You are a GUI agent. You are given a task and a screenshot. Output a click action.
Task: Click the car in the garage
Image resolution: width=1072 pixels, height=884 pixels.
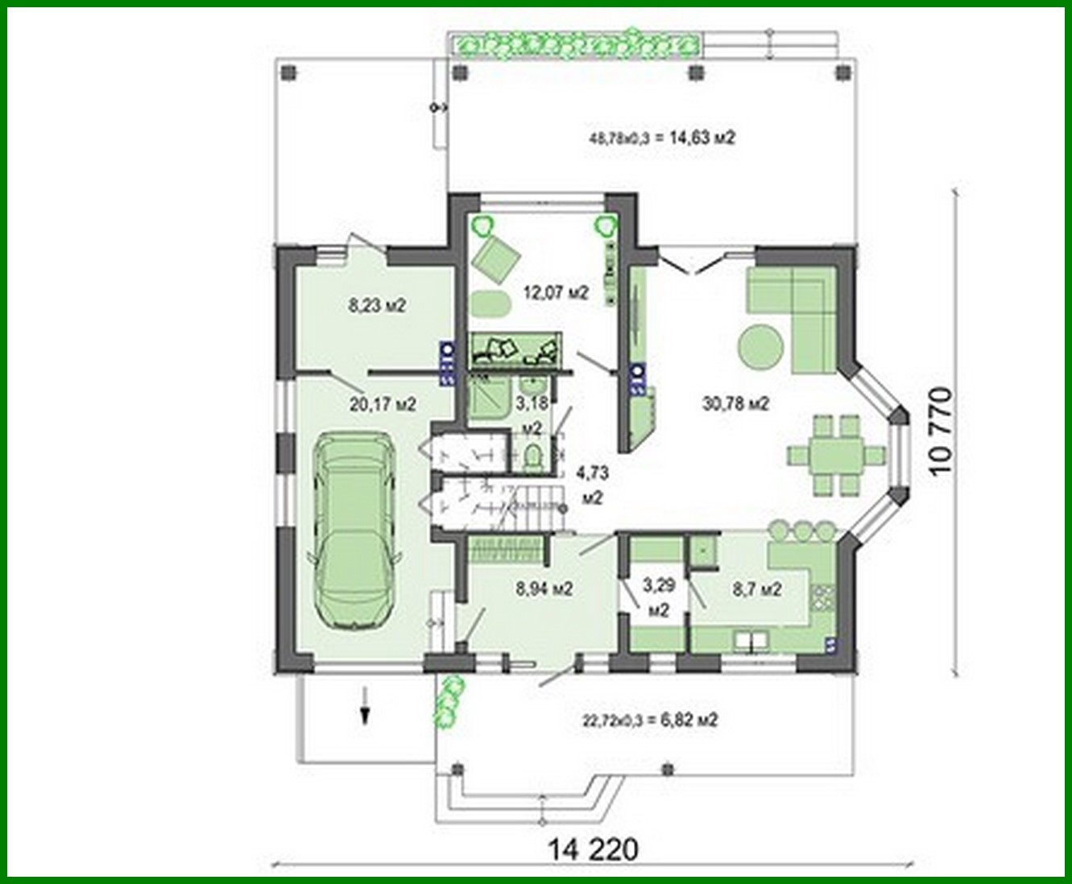[353, 531]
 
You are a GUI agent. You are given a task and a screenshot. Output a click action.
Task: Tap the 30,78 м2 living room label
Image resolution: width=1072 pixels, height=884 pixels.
[735, 403]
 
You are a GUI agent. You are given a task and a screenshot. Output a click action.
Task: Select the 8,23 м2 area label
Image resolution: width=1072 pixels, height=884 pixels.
[376, 305]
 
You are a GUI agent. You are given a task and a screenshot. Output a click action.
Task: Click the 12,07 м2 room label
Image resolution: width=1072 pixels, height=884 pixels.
[556, 292]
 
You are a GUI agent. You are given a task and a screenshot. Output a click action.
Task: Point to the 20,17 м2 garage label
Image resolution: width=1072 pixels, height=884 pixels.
[383, 405]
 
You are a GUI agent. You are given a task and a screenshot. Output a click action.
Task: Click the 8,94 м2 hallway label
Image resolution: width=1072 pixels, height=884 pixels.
[544, 589]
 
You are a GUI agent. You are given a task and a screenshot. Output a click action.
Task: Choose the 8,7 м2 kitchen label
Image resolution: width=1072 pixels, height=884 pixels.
[756, 589]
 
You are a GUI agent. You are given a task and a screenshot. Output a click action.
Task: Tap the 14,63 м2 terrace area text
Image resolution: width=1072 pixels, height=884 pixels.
[662, 138]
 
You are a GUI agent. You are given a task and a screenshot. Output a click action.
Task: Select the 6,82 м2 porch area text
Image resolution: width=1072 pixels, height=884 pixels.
[649, 719]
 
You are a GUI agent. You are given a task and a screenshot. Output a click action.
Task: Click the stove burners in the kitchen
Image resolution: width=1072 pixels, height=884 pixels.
[823, 597]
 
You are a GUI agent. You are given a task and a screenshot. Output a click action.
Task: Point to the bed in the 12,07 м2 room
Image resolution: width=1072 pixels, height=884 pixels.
[515, 348]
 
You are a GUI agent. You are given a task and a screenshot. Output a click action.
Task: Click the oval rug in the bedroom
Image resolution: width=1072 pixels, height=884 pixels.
[490, 305]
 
